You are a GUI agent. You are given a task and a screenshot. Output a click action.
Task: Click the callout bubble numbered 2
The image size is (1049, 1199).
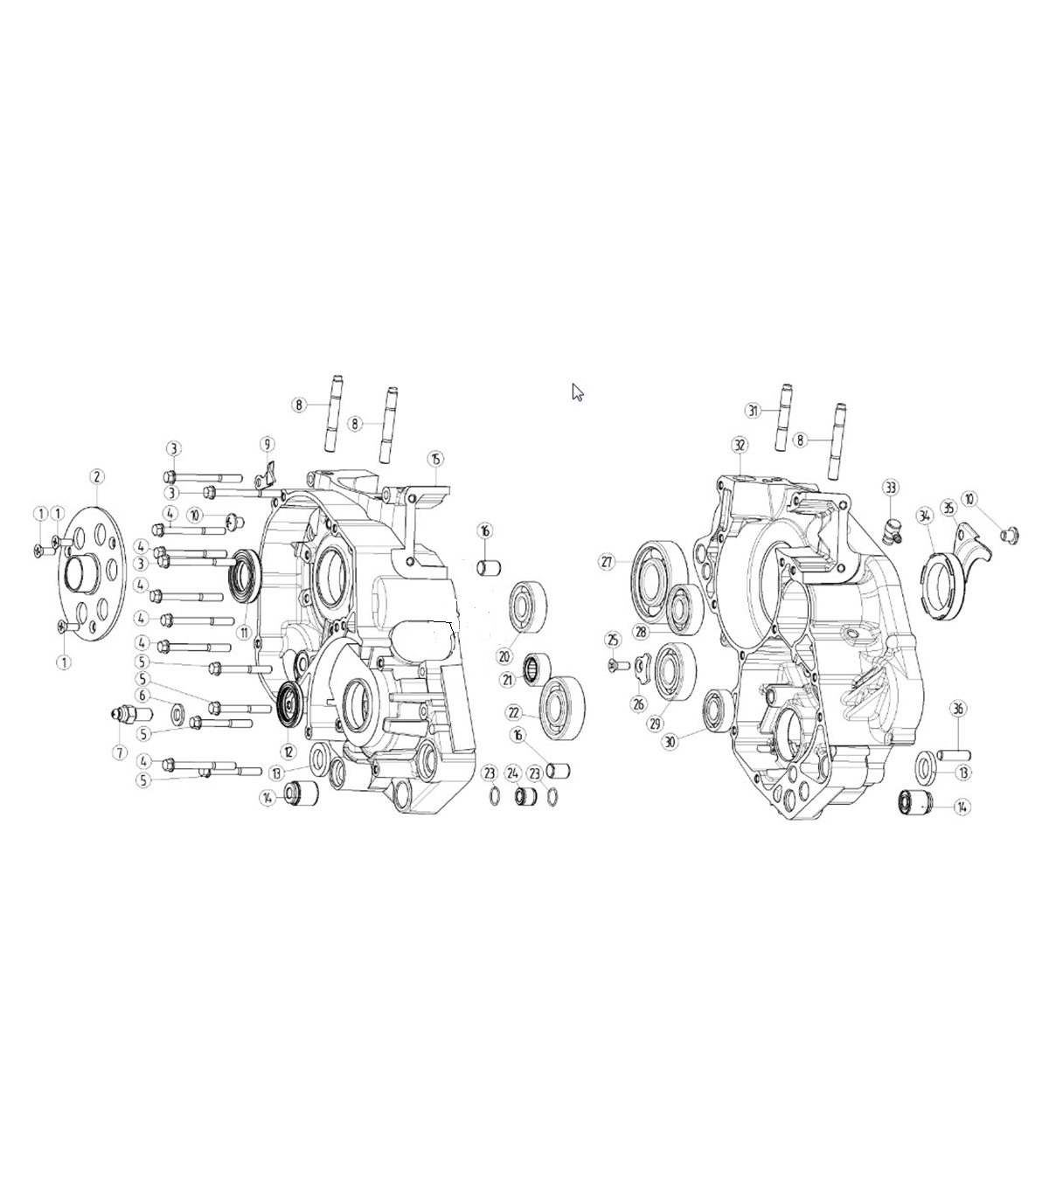(x=97, y=476)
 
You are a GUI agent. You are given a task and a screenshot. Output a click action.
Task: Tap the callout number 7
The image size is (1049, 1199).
(x=120, y=752)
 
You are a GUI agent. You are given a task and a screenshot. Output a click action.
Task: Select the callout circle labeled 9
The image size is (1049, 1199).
(x=267, y=444)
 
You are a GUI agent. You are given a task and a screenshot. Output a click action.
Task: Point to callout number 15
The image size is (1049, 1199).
(x=434, y=458)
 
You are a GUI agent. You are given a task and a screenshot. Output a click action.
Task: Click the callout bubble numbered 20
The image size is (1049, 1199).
(x=504, y=656)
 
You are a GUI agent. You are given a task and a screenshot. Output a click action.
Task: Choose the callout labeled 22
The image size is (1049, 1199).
(x=514, y=712)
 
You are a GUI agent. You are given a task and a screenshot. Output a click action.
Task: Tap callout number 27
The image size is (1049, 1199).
(x=607, y=562)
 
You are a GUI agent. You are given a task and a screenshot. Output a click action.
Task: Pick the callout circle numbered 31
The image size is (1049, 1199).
(x=753, y=411)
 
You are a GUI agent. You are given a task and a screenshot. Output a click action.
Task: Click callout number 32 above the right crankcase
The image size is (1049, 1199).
(x=740, y=445)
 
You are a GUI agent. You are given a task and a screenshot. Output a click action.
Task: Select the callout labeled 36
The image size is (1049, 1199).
(x=957, y=709)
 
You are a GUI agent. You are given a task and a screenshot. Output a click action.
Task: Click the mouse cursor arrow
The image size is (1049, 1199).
(x=577, y=392)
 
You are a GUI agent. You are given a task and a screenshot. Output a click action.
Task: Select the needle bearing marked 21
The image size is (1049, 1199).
(x=537, y=669)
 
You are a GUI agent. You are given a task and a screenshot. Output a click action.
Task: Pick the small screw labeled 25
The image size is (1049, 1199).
(x=620, y=664)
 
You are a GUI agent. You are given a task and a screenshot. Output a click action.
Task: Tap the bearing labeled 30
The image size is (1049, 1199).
(x=719, y=710)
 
